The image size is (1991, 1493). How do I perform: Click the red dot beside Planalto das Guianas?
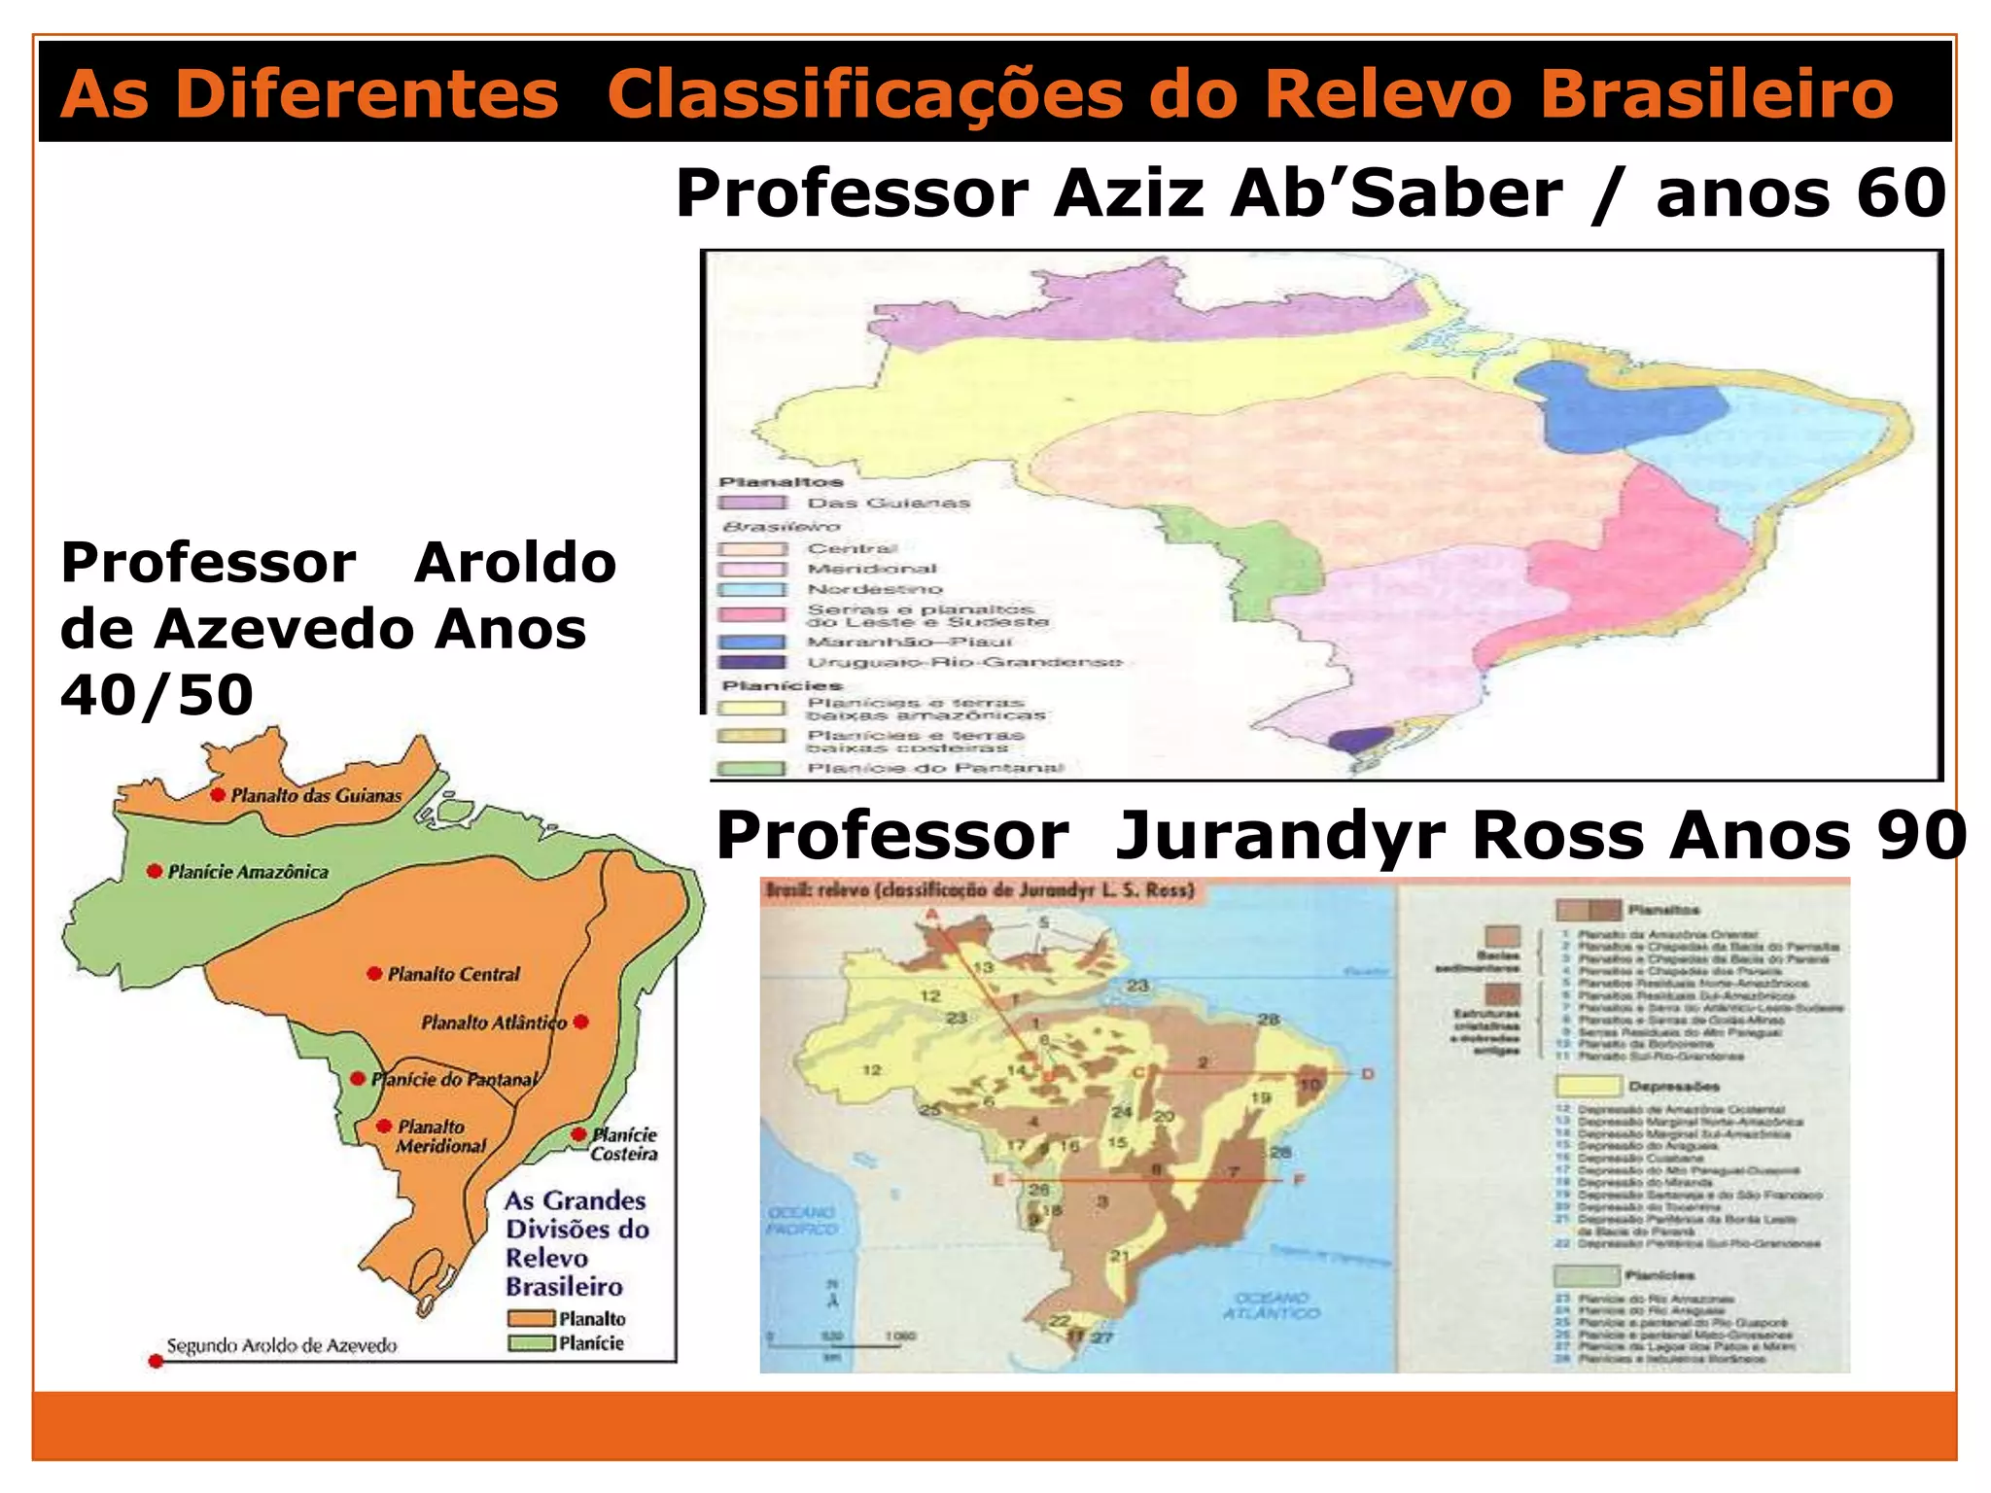(219, 795)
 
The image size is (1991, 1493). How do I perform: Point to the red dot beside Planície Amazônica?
(154, 871)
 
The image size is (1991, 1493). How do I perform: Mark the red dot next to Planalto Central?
(374, 973)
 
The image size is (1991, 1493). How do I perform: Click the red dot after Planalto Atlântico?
(581, 1022)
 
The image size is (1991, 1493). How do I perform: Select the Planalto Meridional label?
(439, 1136)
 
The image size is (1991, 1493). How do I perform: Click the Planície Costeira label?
(624, 1144)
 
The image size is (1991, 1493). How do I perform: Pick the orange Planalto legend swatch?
(531, 1319)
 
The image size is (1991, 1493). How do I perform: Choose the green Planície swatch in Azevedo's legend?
(531, 1343)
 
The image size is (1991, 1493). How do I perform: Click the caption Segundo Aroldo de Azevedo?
(282, 1346)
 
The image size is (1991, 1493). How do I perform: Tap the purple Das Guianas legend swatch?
(751, 503)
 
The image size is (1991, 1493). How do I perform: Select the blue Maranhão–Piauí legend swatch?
(751, 642)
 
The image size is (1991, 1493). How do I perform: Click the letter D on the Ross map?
(1368, 1074)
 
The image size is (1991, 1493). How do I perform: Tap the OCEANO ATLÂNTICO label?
(1272, 1305)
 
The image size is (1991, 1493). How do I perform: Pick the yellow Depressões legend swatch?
(1589, 1086)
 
